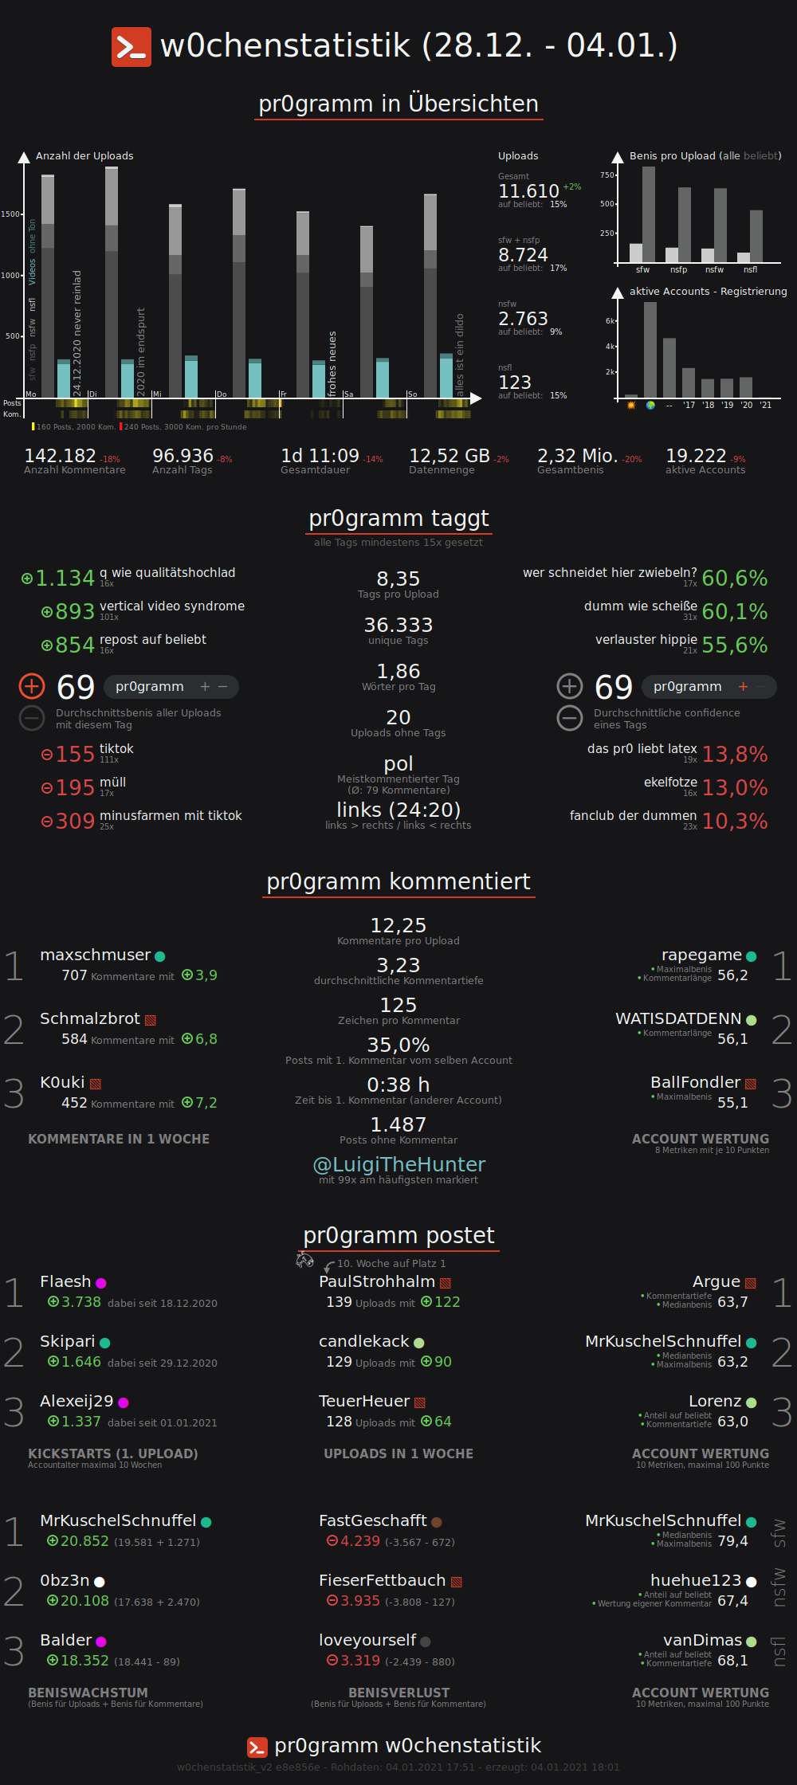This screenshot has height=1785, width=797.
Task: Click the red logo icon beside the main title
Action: pos(131,47)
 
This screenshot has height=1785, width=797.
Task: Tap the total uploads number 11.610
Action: pos(528,191)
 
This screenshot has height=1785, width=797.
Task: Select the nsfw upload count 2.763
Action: pos(523,319)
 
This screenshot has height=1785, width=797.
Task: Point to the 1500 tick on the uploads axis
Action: pos(10,214)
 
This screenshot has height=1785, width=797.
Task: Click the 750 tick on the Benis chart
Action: pos(607,175)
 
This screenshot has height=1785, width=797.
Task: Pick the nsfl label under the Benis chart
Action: pos(750,270)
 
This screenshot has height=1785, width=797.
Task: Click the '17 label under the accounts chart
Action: pos(689,406)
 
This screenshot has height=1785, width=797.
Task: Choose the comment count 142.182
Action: pos(60,456)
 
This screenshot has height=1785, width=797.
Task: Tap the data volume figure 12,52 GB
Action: pos(449,456)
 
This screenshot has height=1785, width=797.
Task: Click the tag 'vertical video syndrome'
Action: pos(172,606)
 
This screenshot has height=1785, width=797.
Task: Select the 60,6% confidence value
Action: pos(734,579)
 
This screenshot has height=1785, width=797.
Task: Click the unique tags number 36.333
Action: pos(398,625)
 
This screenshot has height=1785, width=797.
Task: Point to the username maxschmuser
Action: pos(95,955)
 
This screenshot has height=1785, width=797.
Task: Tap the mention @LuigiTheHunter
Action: pos(398,1165)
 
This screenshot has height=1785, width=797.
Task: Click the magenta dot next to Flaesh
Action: pos(101,1283)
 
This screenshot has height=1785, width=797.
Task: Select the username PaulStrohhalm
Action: pos(377,1281)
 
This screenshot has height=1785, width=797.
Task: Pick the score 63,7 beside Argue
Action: pos(732,1302)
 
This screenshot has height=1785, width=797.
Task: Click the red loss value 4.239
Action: pos(360,1541)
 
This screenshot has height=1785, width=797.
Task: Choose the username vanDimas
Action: pos(702,1640)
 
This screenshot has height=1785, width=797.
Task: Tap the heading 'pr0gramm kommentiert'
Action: pos(398,882)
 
